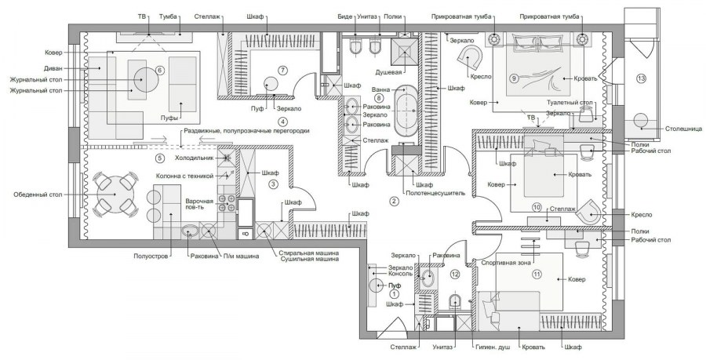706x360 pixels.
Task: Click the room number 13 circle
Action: point(641,78)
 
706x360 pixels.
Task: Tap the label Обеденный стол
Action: point(38,195)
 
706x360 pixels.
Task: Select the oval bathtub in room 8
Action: point(406,111)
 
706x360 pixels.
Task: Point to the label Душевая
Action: point(389,71)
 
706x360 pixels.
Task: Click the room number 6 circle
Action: point(159,71)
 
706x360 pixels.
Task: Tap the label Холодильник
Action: point(194,158)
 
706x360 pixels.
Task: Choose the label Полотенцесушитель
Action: point(435,193)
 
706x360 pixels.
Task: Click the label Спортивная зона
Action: point(506,263)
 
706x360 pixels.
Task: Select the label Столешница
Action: point(683,129)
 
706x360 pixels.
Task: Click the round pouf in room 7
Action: point(271,84)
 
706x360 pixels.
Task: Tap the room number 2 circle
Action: point(394,201)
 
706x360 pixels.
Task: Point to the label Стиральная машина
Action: point(308,253)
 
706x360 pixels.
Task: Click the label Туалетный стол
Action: point(570,103)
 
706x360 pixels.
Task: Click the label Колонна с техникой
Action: point(184,176)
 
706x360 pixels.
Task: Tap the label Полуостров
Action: point(151,256)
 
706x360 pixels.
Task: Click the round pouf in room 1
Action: point(376,285)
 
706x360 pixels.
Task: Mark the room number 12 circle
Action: point(455,273)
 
